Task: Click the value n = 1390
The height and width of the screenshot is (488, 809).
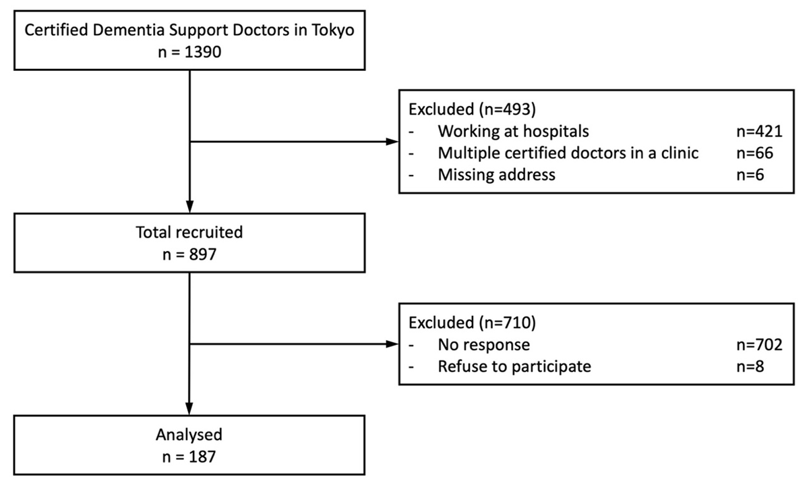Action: tap(189, 52)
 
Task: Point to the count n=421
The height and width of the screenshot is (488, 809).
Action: tap(758, 131)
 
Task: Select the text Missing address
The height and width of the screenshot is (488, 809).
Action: tap(497, 175)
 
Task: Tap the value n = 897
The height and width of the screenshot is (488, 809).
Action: tap(189, 254)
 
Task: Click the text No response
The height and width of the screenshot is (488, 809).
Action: tap(483, 345)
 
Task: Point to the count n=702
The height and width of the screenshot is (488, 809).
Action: tap(758, 345)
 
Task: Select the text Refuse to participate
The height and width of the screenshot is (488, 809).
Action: tap(514, 367)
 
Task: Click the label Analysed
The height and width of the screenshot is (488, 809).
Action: tap(189, 434)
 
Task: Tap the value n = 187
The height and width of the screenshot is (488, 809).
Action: tap(189, 457)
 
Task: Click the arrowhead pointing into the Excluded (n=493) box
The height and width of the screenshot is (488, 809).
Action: tap(392, 142)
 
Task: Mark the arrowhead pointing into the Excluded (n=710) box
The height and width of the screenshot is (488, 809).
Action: tap(392, 344)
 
